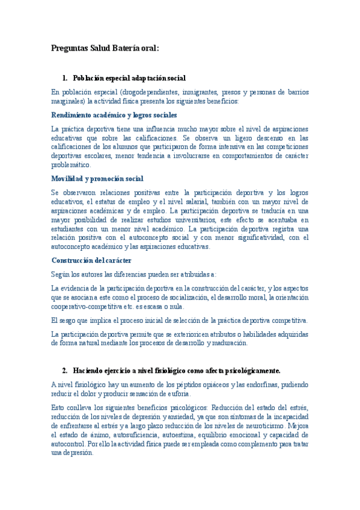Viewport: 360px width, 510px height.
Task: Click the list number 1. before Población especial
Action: coord(65,78)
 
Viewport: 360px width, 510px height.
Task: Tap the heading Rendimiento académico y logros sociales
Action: coord(114,115)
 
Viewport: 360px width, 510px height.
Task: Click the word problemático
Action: coord(71,164)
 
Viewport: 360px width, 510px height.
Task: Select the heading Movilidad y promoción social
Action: coord(97,179)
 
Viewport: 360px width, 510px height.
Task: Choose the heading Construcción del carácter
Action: coord(91,260)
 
